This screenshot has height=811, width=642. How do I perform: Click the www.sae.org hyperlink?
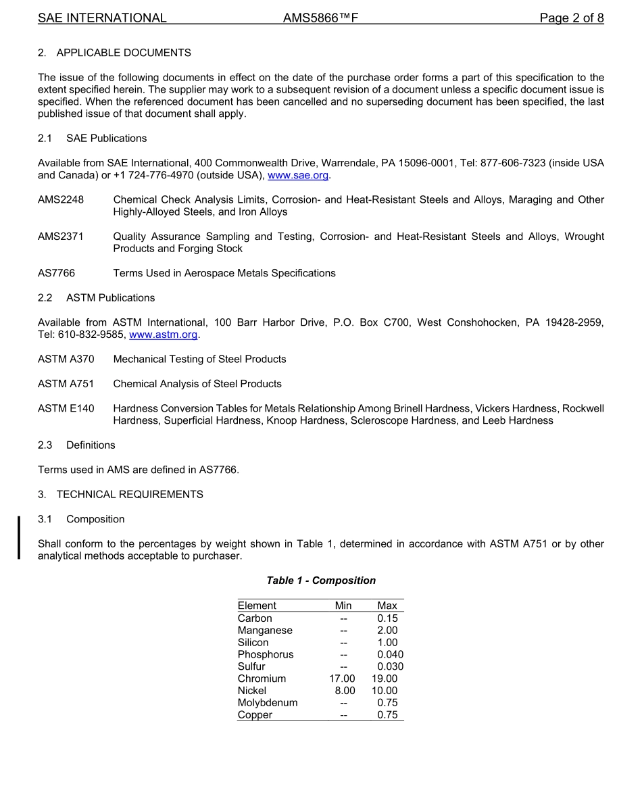point(298,176)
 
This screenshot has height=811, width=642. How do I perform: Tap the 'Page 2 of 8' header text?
point(571,18)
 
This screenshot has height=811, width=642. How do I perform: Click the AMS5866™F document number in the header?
point(320,18)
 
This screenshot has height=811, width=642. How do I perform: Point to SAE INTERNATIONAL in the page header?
point(102,18)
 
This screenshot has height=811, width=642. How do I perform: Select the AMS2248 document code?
point(61,200)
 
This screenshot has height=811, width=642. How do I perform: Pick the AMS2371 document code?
point(61,237)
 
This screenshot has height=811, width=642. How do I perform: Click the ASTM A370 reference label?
point(66,359)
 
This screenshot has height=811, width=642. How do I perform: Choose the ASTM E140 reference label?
point(66,408)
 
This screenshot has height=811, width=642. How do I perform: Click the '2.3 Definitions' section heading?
point(76,445)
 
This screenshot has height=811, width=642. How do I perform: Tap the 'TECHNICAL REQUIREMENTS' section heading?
point(130,494)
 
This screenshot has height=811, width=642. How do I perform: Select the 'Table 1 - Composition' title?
point(321,581)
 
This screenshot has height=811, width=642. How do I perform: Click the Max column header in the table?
point(387,606)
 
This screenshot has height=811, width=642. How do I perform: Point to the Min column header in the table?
point(343,606)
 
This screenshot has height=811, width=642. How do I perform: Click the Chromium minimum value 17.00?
point(342,679)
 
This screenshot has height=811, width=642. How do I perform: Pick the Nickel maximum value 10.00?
point(385,691)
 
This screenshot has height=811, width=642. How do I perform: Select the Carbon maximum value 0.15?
point(387,618)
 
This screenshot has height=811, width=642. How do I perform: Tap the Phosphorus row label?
point(266,654)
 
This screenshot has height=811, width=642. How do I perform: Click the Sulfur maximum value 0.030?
point(390,666)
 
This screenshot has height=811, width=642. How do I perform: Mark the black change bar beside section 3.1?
point(19,537)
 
